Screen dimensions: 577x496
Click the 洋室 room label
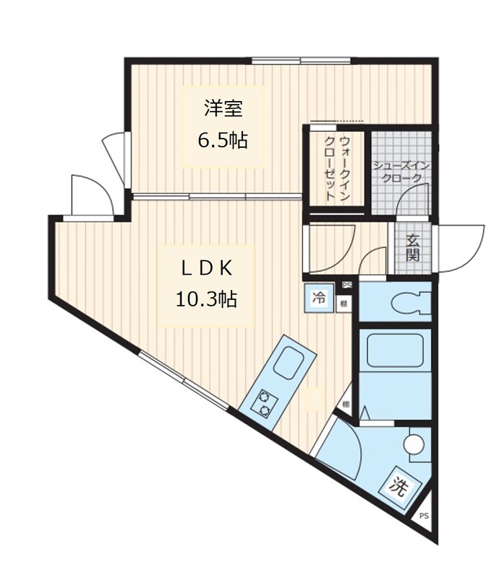coord(222,109)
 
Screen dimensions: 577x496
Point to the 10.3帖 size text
coord(206,299)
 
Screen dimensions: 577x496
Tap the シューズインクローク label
coord(401,172)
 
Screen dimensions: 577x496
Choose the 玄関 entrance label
coord(412,247)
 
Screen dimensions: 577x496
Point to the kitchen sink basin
coord(291,361)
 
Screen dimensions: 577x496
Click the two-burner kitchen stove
coord(264,404)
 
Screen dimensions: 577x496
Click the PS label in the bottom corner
coord(424,516)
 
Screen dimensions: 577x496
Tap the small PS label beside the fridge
coord(346,286)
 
